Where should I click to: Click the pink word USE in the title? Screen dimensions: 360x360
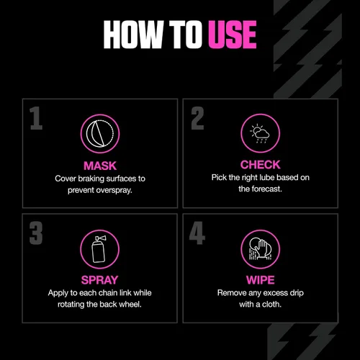233,35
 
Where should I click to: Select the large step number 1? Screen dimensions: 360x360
36,118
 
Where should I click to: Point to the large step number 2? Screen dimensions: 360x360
197,118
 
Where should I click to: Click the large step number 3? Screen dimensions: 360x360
36,233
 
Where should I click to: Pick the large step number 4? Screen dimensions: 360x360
197,233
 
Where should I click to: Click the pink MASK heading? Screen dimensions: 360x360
100,166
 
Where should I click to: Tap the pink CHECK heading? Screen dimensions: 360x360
261,165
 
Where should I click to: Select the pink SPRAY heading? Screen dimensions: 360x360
99,280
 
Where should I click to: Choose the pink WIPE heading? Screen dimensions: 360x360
261,280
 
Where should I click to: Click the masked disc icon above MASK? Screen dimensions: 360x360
100,133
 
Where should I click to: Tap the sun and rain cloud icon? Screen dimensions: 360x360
261,133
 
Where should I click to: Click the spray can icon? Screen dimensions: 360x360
99,249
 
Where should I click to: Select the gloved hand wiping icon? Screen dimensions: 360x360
261,249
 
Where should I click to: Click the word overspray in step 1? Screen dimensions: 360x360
114,190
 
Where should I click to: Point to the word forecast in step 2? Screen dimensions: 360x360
267,189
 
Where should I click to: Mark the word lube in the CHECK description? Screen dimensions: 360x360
266,178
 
